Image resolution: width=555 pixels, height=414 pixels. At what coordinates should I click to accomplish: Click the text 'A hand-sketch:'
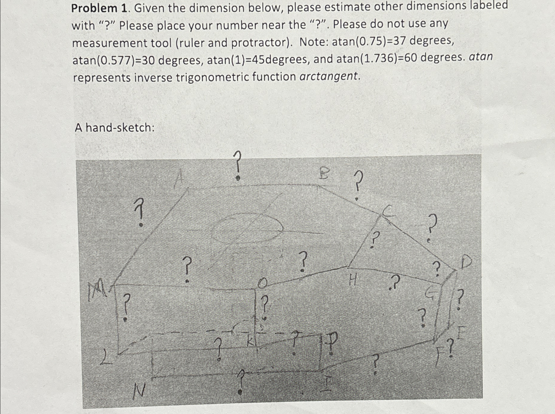(114, 128)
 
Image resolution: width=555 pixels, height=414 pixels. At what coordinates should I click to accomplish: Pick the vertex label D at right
(466, 262)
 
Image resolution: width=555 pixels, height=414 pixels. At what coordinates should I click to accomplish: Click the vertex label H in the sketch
(353, 281)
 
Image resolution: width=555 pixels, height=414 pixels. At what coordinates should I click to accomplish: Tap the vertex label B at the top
(324, 173)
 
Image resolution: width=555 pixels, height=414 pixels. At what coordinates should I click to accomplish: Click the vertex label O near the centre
(263, 283)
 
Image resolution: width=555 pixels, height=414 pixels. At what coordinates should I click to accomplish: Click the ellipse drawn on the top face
(246, 228)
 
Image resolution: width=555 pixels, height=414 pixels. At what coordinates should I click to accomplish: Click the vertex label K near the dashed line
(250, 342)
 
